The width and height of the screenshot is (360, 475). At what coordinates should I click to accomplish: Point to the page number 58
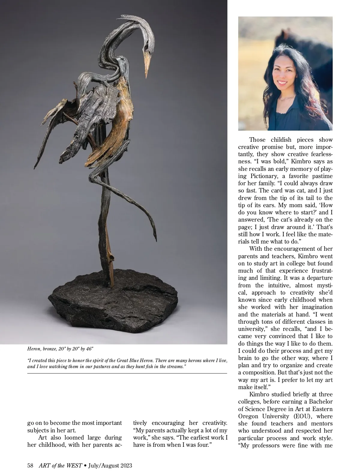[30, 466]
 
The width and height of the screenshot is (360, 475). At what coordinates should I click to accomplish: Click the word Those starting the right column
[257, 140]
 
